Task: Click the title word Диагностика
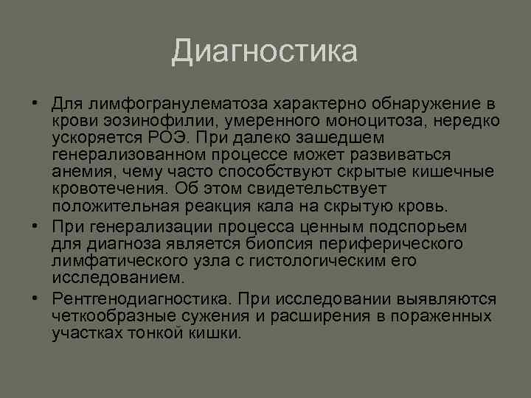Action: [265, 52]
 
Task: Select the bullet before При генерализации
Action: [35, 226]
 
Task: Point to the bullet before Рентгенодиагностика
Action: [35, 298]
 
